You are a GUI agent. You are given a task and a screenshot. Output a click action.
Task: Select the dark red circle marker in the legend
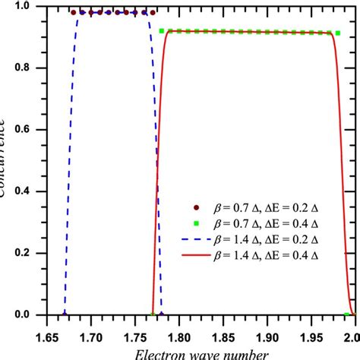click(197, 207)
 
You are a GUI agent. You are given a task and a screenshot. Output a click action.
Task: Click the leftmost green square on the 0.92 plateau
click(162, 30)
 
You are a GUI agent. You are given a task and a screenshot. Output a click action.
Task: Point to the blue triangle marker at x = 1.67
click(65, 314)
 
